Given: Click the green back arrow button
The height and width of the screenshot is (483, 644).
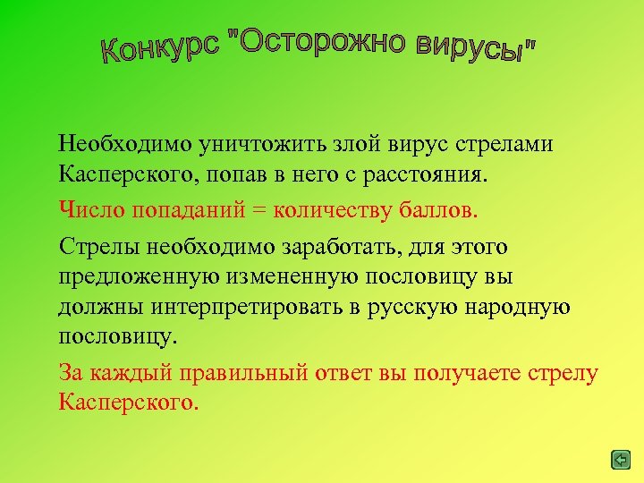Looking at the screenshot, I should click(x=621, y=460).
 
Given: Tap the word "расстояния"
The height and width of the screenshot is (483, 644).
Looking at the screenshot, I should click(x=428, y=174).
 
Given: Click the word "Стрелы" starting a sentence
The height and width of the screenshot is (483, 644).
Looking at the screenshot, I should click(x=96, y=245).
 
